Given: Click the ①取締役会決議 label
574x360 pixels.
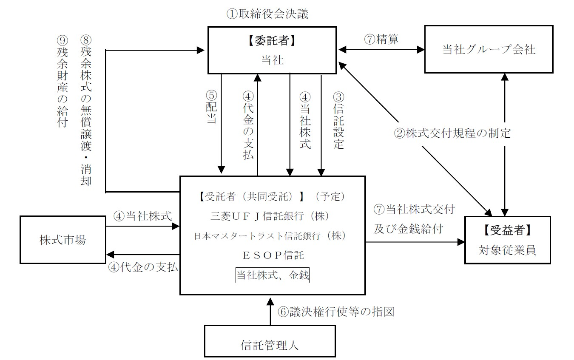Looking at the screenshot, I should coord(267,14).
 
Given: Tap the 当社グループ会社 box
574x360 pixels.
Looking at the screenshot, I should coord(489,50).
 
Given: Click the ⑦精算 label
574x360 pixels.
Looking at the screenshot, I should coord(381,39).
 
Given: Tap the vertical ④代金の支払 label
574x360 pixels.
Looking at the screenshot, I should coord(248,126).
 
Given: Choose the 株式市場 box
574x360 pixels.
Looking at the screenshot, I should coord(63,240).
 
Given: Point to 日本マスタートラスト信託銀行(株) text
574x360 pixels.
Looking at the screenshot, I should coord(272,235).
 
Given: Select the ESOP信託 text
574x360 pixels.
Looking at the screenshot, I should coord(273,255).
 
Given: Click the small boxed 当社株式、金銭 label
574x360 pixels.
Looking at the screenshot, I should coord(273,275).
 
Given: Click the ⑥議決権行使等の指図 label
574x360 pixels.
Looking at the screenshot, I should coord(336,312).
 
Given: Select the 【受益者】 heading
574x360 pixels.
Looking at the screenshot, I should coord(507,230).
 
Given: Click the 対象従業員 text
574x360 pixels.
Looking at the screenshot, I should coord(507,250).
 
